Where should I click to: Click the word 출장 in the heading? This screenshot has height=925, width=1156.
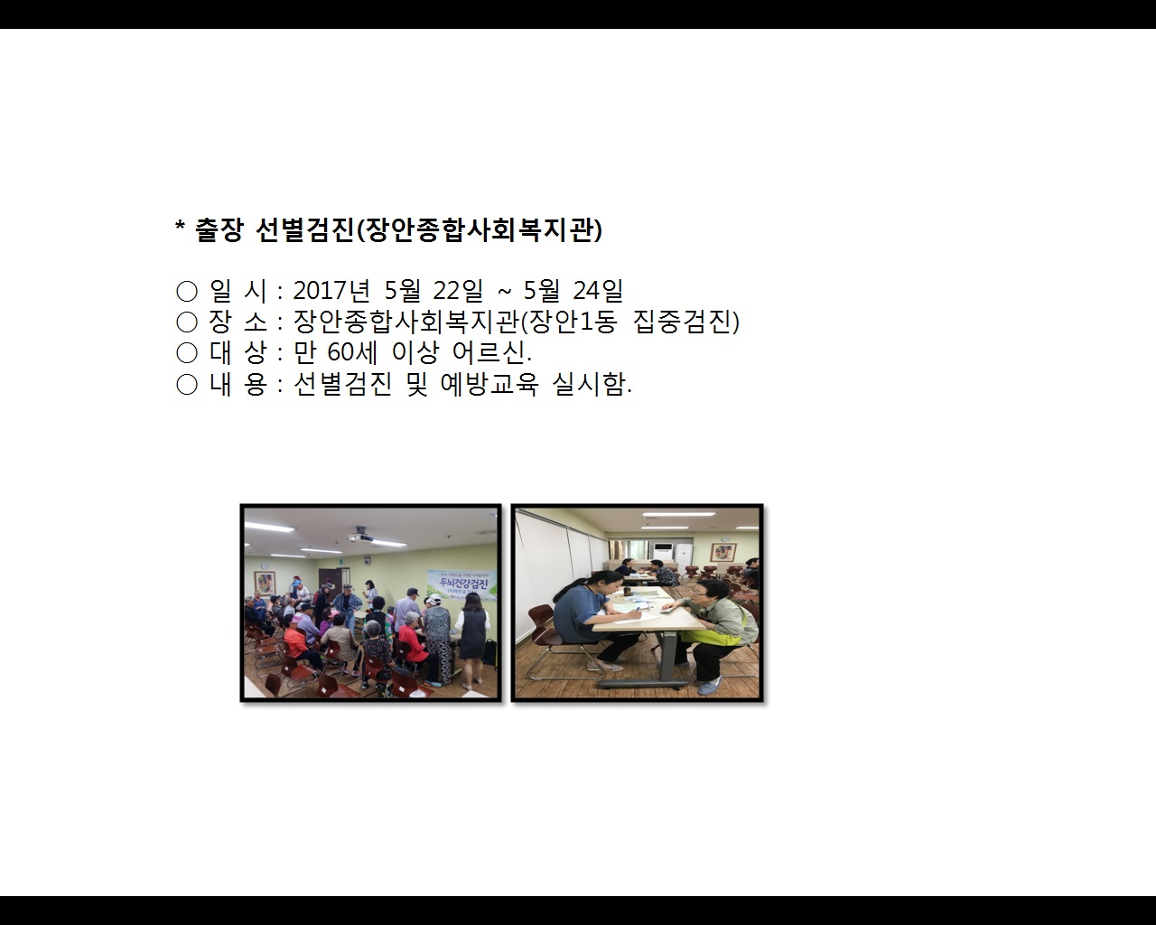point(219,230)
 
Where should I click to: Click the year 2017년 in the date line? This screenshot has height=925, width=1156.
point(331,291)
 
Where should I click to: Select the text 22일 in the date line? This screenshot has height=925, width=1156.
point(458,291)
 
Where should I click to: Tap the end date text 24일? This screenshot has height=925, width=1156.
point(598,291)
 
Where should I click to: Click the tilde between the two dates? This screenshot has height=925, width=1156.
point(505,291)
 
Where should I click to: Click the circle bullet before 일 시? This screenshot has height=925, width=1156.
point(187,292)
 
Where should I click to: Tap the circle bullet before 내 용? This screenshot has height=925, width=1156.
point(187,386)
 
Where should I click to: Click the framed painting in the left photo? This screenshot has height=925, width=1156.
point(265,583)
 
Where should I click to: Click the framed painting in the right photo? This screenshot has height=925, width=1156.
point(722,551)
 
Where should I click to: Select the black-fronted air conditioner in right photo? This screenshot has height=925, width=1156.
point(662,552)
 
